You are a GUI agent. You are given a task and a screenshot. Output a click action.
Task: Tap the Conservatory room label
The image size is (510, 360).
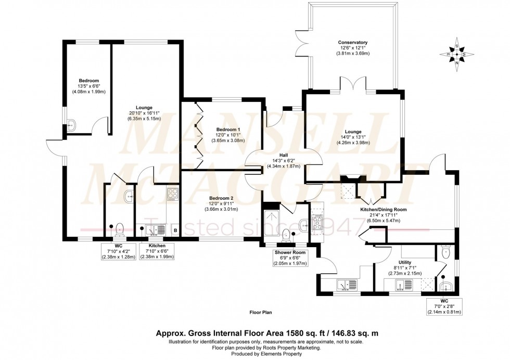click(x=352, y=43)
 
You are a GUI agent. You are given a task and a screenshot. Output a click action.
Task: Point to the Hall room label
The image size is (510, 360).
click(x=283, y=155)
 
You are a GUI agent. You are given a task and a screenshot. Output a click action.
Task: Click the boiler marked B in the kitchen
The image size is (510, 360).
click(x=175, y=230)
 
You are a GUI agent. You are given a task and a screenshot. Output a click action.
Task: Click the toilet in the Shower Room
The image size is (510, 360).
click(x=286, y=235)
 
